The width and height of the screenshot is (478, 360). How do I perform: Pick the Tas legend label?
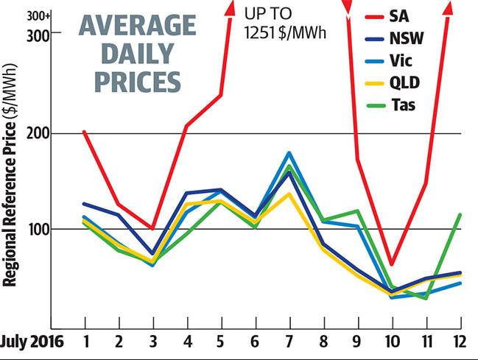(x=404, y=105)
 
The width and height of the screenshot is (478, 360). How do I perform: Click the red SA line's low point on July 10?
(x=392, y=264)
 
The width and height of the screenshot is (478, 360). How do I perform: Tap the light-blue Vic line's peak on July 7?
(x=289, y=152)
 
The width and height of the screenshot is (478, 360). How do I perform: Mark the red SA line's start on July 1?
(x=85, y=132)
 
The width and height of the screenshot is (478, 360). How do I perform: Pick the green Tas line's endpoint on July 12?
(x=460, y=214)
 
